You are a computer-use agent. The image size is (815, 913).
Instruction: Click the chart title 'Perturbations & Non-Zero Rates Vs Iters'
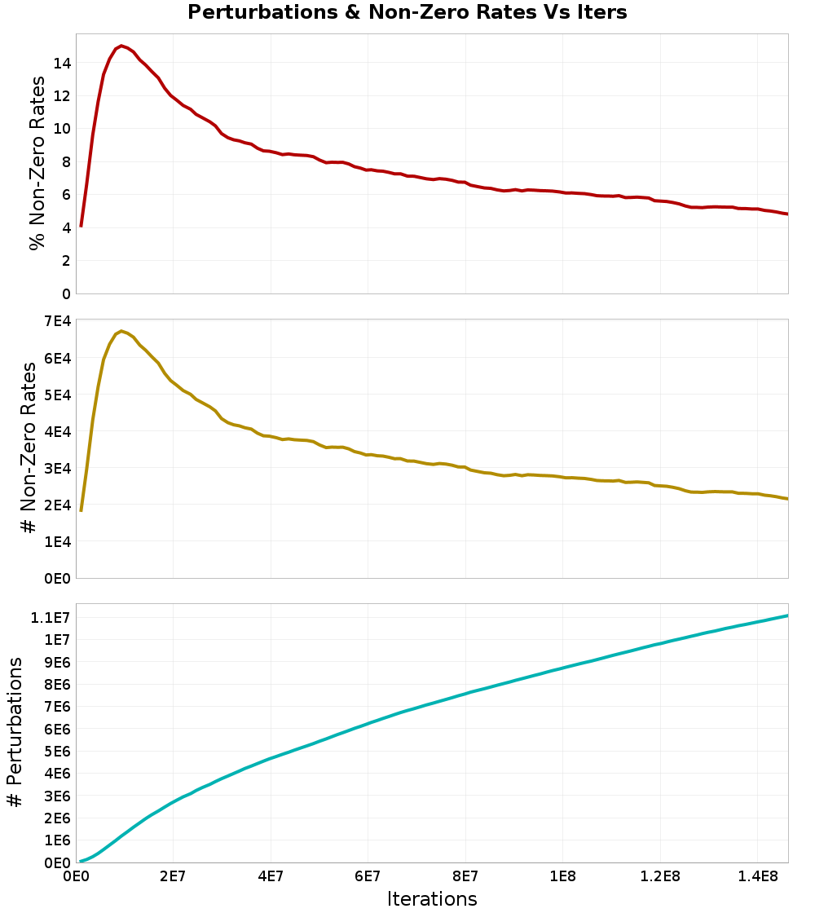tap(407, 13)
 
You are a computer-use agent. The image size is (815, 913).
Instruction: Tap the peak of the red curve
tap(121, 46)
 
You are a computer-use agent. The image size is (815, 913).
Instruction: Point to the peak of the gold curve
tap(121, 331)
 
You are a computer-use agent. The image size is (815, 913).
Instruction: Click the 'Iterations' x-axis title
tap(431, 898)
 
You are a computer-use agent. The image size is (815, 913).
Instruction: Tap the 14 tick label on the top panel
tap(61, 63)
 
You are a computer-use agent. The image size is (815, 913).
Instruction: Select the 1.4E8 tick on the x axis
tap(758, 877)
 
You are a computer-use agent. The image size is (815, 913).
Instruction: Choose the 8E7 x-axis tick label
tap(465, 877)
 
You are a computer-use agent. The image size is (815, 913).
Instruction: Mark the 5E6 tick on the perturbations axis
tap(55, 751)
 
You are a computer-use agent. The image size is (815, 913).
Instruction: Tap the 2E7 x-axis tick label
tap(173, 877)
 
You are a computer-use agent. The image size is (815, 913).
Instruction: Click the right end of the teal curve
tap(787, 615)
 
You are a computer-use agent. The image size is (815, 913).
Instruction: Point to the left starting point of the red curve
tap(81, 226)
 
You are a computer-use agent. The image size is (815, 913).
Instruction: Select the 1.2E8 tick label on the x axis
tap(660, 877)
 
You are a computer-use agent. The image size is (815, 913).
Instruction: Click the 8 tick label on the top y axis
tap(66, 161)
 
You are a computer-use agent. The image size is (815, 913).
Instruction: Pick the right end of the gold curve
tap(787, 499)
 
